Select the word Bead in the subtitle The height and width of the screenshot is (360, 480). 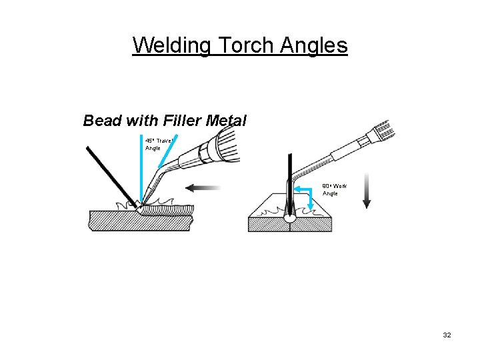click(x=102, y=121)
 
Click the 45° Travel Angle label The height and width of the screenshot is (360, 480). click(x=157, y=144)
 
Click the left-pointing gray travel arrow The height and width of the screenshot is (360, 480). click(x=203, y=189)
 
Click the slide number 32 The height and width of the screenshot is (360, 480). click(x=446, y=335)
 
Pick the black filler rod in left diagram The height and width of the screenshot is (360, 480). click(x=110, y=173)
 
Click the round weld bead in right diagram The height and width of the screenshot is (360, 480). click(x=290, y=216)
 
